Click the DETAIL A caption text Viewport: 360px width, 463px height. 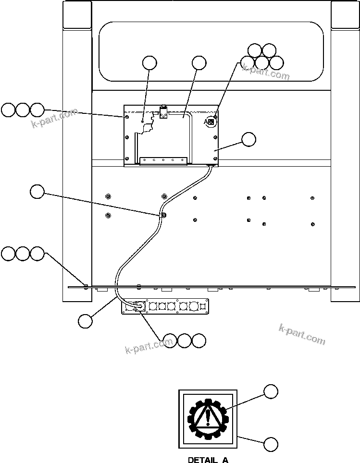pyautogui.click(x=208, y=460)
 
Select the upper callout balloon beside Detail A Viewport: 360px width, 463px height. pyautogui.click(x=271, y=391)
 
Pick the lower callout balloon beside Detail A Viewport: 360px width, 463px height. pyautogui.click(x=271, y=445)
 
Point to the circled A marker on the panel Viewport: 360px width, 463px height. pyautogui.click(x=210, y=122)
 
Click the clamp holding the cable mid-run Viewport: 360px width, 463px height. pyautogui.click(x=164, y=215)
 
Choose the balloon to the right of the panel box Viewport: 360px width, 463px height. pyautogui.click(x=248, y=139)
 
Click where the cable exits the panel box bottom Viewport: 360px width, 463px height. pyautogui.click(x=210, y=166)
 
